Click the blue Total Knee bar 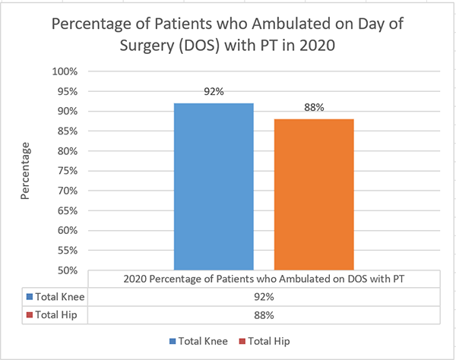pos(214,186)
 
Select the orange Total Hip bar pos(314,194)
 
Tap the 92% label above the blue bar pos(214,92)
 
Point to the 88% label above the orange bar pos(314,108)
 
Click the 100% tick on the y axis pos(65,71)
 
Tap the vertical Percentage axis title pos(25,171)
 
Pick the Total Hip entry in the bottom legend pos(266,341)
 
